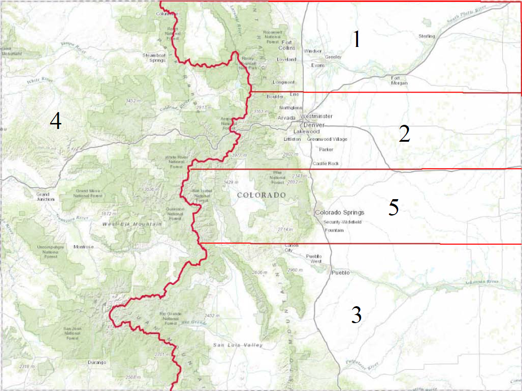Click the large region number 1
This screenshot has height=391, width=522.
[x=357, y=40]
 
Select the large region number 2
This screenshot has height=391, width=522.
[x=404, y=134]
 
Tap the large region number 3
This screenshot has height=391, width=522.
[x=356, y=315]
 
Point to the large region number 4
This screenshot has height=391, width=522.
[x=56, y=122]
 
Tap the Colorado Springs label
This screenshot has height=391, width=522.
[x=339, y=212]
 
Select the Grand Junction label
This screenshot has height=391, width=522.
[x=46, y=196]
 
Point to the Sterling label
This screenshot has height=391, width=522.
[x=427, y=36]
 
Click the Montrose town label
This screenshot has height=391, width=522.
[x=83, y=247]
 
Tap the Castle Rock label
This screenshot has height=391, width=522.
[x=325, y=163]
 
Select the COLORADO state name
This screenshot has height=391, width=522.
[x=261, y=195]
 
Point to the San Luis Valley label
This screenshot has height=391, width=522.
[x=238, y=345]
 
